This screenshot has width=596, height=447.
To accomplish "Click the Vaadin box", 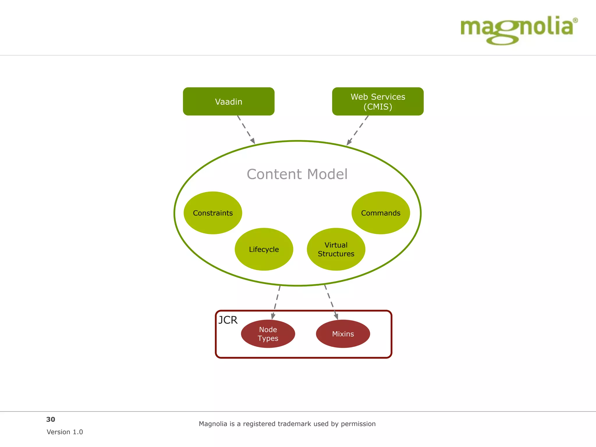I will pyautogui.click(x=228, y=101).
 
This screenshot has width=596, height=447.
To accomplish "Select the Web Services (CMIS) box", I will pyautogui.click(x=378, y=101).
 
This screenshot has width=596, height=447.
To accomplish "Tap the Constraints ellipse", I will pyautogui.click(x=213, y=213).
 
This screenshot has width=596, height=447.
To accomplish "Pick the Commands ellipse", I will pyautogui.click(x=381, y=213).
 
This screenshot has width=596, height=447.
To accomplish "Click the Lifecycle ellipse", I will pyautogui.click(x=264, y=249).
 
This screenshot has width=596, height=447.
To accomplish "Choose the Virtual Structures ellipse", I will pyautogui.click(x=336, y=249).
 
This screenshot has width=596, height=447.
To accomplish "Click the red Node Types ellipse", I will pyautogui.click(x=268, y=334).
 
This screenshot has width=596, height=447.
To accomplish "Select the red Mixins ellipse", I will pyautogui.click(x=343, y=334).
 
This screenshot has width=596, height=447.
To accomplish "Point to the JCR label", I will pyautogui.click(x=228, y=320).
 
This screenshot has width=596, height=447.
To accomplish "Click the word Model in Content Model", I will pyautogui.click(x=327, y=174).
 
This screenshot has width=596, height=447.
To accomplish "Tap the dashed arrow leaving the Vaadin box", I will pyautogui.click(x=246, y=130).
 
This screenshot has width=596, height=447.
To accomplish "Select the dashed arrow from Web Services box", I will pyautogui.click(x=358, y=130).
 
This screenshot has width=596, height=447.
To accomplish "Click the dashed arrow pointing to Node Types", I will pyautogui.click(x=276, y=302).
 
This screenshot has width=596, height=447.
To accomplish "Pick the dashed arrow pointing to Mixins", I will pyautogui.click(x=331, y=302).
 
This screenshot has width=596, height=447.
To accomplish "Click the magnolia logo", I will pyautogui.click(x=517, y=29).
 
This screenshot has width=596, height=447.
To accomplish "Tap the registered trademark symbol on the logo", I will pyautogui.click(x=575, y=20).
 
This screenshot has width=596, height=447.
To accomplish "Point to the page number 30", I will pyautogui.click(x=51, y=419).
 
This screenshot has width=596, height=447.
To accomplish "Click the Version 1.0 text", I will pyautogui.click(x=65, y=432).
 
